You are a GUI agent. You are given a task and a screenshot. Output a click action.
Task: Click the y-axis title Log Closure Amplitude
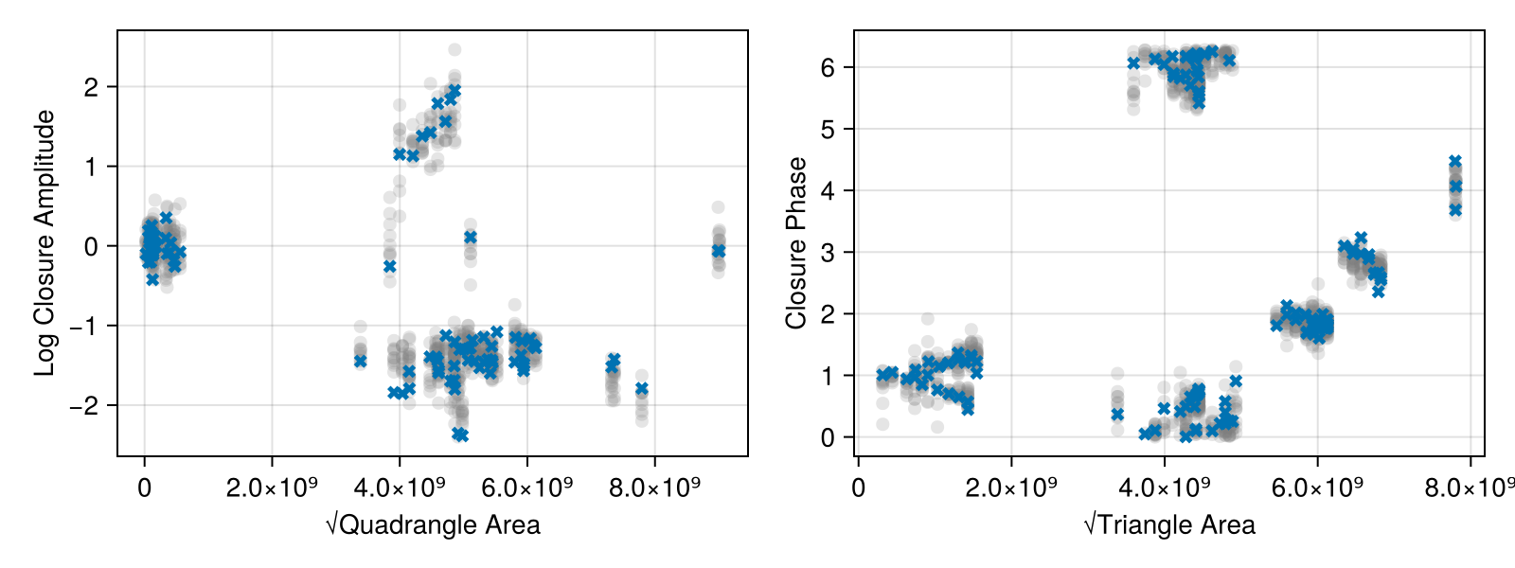coord(45,242)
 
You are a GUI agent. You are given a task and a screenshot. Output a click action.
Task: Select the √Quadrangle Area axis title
coord(433,525)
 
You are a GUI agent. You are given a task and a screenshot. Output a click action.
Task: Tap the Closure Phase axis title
coord(796,242)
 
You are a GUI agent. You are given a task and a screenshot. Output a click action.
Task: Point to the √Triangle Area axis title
coord(1169,525)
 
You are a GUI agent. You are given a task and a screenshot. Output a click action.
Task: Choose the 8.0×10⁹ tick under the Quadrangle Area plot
coord(655,488)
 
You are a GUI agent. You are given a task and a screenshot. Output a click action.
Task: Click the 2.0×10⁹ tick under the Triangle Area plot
coord(1011,488)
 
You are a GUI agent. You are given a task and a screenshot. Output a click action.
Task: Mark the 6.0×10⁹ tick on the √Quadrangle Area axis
coord(527,488)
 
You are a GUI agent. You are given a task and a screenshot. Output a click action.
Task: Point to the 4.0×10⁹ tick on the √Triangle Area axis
coord(1165,488)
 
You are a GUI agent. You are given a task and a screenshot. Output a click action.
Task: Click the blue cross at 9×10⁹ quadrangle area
coord(719,251)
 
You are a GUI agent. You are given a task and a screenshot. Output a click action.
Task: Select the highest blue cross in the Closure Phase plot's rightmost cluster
coord(1455,162)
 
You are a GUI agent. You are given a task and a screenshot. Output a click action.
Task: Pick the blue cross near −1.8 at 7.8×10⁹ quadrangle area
coord(642,389)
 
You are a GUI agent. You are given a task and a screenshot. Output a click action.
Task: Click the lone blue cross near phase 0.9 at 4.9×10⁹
coord(1236,381)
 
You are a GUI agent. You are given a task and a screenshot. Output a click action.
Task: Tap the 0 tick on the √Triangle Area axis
coord(858,488)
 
